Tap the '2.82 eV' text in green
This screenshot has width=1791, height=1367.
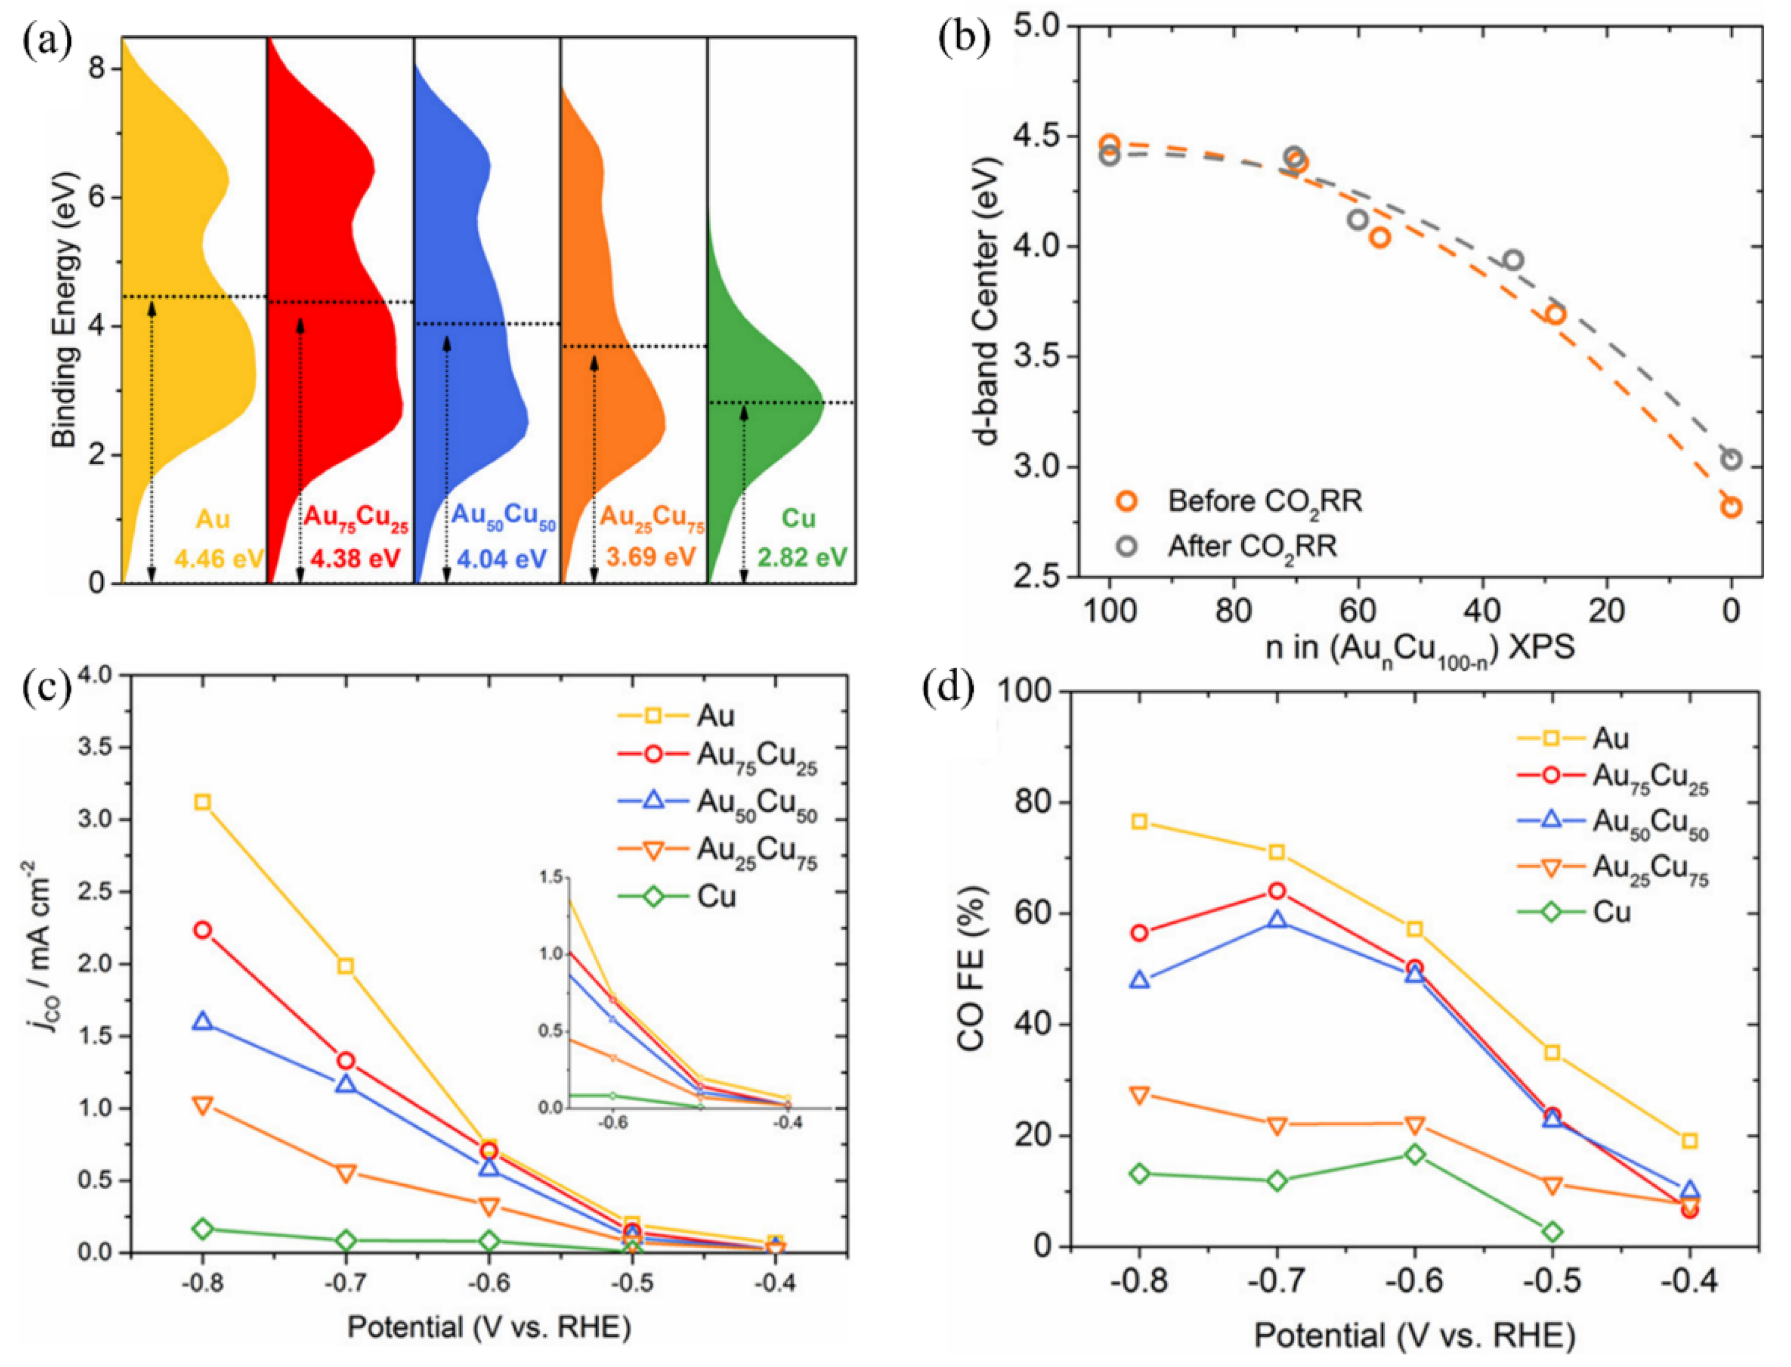point(802,558)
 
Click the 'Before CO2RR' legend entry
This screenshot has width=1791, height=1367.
point(1264,501)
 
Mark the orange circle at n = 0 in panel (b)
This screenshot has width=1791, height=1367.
point(1731,507)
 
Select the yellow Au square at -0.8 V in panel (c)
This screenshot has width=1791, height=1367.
point(203,802)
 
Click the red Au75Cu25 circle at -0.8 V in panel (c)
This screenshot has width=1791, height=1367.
point(203,930)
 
